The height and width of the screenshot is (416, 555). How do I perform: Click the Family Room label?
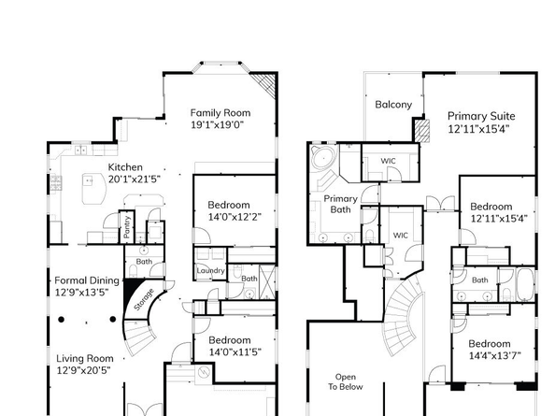tap(221, 112)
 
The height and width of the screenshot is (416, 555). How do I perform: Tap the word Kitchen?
tap(125, 167)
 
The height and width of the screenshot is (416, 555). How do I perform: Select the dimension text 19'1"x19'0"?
tap(217, 124)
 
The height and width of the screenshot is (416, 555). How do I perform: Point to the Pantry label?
tap(126, 228)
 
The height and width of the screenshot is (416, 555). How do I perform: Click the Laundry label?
tap(210, 271)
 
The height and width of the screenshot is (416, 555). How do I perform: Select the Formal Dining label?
tap(87, 280)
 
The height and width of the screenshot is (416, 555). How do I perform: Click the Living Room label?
tap(84, 358)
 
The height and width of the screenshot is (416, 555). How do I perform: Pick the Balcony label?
tap(393, 105)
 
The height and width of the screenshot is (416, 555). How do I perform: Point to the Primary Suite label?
tap(481, 117)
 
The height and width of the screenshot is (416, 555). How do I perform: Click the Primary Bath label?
tap(340, 204)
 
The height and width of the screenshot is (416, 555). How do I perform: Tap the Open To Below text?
tap(345, 380)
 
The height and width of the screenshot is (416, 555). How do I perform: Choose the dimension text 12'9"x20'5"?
tap(83, 370)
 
